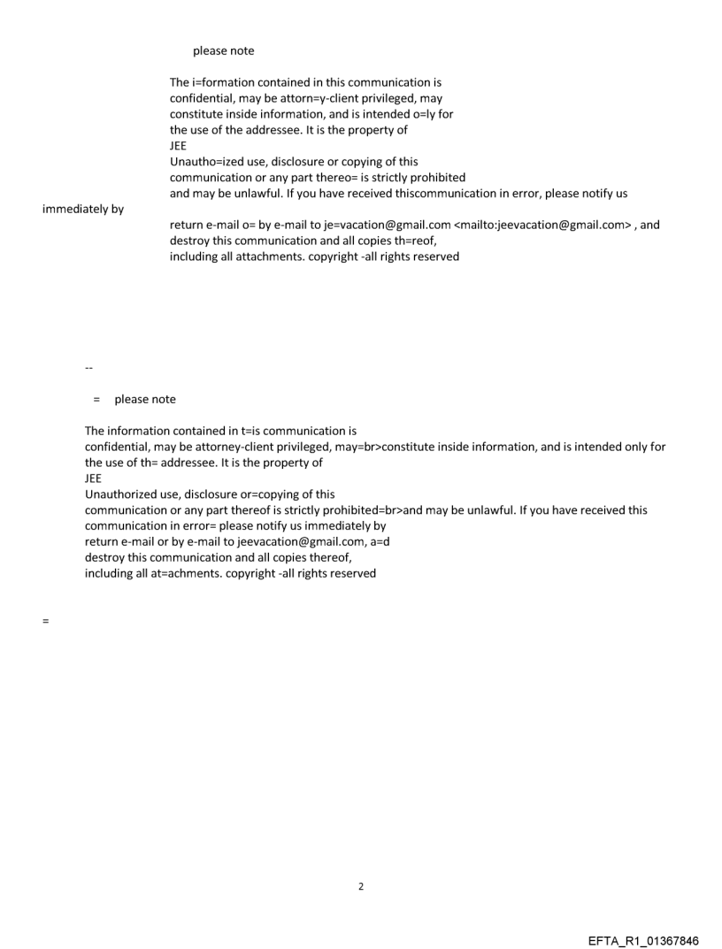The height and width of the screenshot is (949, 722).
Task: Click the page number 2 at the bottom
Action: click(x=360, y=886)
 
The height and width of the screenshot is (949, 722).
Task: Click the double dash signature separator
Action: click(x=88, y=368)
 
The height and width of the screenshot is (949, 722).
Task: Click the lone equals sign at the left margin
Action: click(x=45, y=621)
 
